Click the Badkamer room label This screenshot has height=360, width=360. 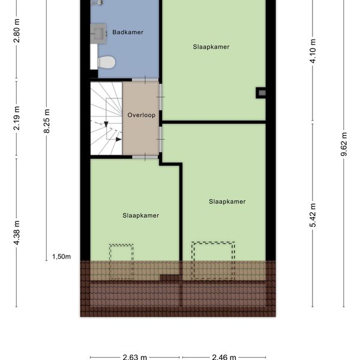(x=128, y=32)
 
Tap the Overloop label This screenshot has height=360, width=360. (x=142, y=115)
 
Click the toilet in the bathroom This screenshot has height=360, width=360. (x=106, y=62)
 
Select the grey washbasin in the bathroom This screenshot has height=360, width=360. (x=99, y=34)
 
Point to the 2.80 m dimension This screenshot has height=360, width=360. (x=17, y=31)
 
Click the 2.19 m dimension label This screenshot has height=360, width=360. (x=17, y=118)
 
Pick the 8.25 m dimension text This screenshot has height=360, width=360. (x=47, y=121)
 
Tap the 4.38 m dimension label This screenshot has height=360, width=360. (x=17, y=233)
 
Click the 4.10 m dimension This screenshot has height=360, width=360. (x=313, y=51)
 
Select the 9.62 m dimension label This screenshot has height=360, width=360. (x=344, y=144)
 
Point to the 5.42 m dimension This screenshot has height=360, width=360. (x=313, y=215)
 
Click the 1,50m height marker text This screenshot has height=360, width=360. (x=61, y=257)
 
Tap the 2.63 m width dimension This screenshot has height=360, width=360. (x=135, y=357)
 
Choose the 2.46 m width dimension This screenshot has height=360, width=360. (x=224, y=357)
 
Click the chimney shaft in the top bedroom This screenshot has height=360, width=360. (x=261, y=93)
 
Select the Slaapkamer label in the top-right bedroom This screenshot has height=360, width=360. (x=211, y=47)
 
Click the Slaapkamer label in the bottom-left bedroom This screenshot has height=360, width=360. (x=141, y=215)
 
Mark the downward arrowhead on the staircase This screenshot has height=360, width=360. (x=106, y=124)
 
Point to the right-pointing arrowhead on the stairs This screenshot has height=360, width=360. (x=118, y=139)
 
